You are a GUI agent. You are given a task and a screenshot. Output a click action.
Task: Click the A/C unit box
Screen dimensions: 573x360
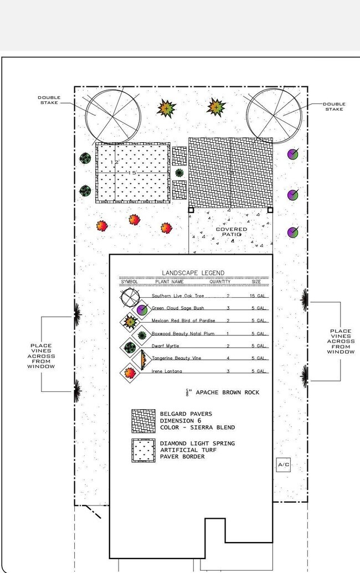coord(283,465)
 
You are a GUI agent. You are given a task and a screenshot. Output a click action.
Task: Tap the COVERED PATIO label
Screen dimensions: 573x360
coord(232,232)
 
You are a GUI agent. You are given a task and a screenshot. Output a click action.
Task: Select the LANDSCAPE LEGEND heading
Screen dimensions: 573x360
coord(193,273)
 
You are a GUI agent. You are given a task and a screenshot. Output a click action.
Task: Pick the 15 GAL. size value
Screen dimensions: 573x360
coord(259,296)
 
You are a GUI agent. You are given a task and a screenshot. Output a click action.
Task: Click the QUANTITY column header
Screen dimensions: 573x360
coord(220,282)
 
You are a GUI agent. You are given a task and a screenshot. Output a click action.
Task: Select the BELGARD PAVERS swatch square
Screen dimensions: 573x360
coord(142,421)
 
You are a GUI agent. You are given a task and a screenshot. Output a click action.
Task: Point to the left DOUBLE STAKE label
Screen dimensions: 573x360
coord(49,100)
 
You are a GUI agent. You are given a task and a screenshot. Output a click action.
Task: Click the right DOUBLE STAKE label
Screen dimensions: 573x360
coord(334,106)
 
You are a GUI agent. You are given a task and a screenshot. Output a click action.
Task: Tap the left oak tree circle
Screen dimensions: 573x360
coord(112,115)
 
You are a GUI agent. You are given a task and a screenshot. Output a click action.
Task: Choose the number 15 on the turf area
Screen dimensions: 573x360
coord(132,173)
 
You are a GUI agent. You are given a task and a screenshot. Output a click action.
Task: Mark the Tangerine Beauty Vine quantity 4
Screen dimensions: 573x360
coord(228,358)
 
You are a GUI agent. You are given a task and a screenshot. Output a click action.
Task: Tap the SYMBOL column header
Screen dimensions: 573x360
coord(129,282)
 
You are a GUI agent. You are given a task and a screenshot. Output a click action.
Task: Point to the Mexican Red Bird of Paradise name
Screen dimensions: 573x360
coord(183,321)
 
